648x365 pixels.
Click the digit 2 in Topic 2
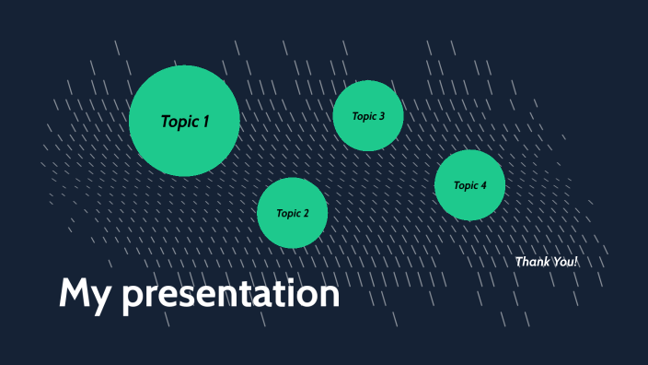click(306, 214)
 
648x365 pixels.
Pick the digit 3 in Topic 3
click(381, 116)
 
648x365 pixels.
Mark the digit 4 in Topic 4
click(483, 185)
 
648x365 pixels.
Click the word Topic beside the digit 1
click(179, 122)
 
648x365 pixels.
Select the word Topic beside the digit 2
click(288, 214)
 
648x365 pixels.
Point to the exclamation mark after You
click(577, 262)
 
